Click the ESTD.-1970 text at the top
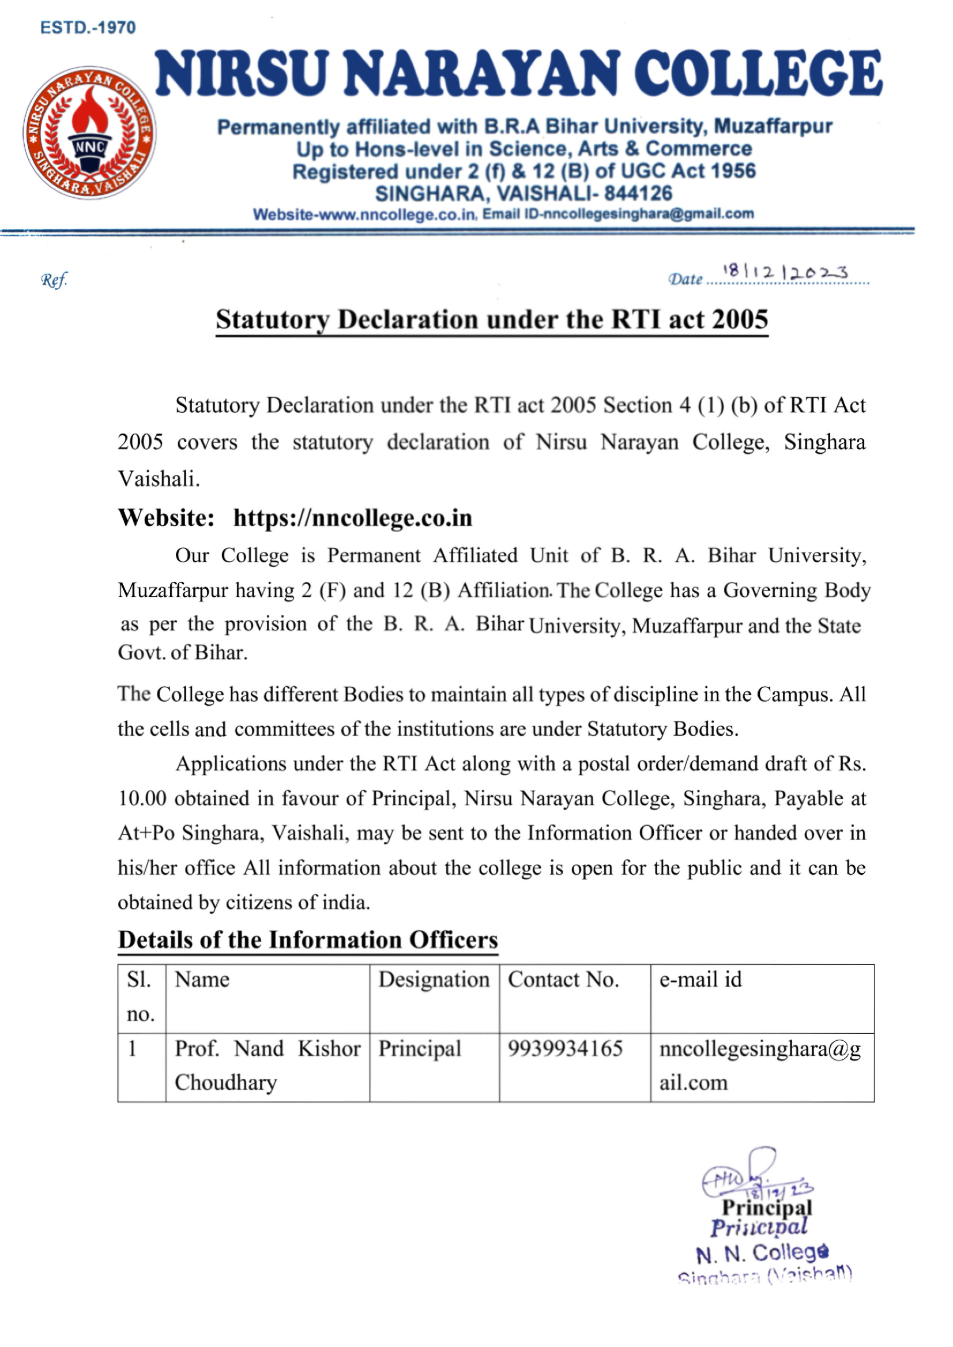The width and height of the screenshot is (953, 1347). pyautogui.click(x=88, y=28)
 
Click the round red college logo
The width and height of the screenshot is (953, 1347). pyautogui.click(x=89, y=133)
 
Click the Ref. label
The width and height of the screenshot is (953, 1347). pyautogui.click(x=54, y=280)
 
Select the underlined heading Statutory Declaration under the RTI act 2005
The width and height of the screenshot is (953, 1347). pyautogui.click(x=492, y=320)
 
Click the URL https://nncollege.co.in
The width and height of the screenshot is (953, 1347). pyautogui.click(x=352, y=518)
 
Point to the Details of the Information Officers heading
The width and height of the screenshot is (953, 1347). pyautogui.click(x=307, y=940)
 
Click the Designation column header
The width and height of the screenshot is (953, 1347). pyautogui.click(x=433, y=980)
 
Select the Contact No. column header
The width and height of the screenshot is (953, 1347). pyautogui.click(x=563, y=980)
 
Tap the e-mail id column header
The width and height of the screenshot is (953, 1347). pyautogui.click(x=700, y=980)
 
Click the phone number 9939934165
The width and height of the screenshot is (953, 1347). pyautogui.click(x=565, y=1049)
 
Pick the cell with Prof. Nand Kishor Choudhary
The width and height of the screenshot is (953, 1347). pyautogui.click(x=267, y=1065)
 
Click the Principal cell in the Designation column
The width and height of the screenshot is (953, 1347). pyautogui.click(x=420, y=1049)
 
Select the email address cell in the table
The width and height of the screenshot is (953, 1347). pyautogui.click(x=760, y=1065)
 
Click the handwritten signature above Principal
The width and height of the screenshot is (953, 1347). pyautogui.click(x=751, y=1175)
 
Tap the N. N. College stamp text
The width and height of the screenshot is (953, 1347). pyautogui.click(x=762, y=1254)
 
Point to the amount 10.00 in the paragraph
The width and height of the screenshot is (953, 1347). pyautogui.click(x=142, y=798)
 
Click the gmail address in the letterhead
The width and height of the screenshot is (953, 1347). pyautogui.click(x=649, y=215)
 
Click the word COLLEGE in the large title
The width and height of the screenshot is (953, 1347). pyautogui.click(x=757, y=73)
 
